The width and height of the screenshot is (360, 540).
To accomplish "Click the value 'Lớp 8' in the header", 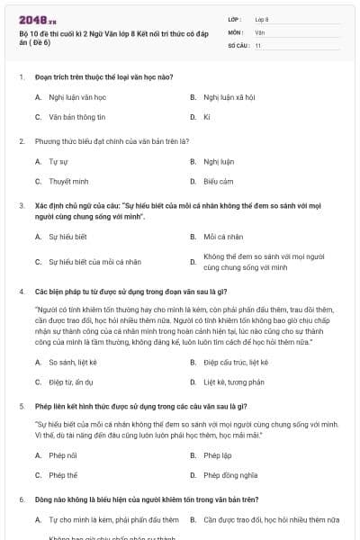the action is click(x=262, y=19).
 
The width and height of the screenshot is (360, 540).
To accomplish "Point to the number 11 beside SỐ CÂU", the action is click(x=258, y=44).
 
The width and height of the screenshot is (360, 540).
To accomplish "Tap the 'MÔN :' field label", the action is click(x=235, y=31).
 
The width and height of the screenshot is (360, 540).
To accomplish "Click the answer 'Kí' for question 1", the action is click(x=207, y=117).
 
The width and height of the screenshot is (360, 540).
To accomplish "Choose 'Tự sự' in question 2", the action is click(x=58, y=162).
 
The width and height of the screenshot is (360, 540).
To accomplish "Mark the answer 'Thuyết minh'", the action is click(x=68, y=182).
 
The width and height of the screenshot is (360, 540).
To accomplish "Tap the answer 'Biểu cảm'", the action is click(x=219, y=182).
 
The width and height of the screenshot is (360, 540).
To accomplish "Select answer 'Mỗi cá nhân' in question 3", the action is click(x=224, y=237).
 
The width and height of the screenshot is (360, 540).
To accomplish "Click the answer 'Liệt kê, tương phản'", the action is click(x=234, y=382).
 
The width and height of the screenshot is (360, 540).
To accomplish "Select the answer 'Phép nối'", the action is click(x=63, y=455).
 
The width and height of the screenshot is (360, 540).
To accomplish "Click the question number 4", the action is click(x=21, y=292).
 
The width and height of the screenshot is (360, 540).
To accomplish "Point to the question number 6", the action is click(x=21, y=499).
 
